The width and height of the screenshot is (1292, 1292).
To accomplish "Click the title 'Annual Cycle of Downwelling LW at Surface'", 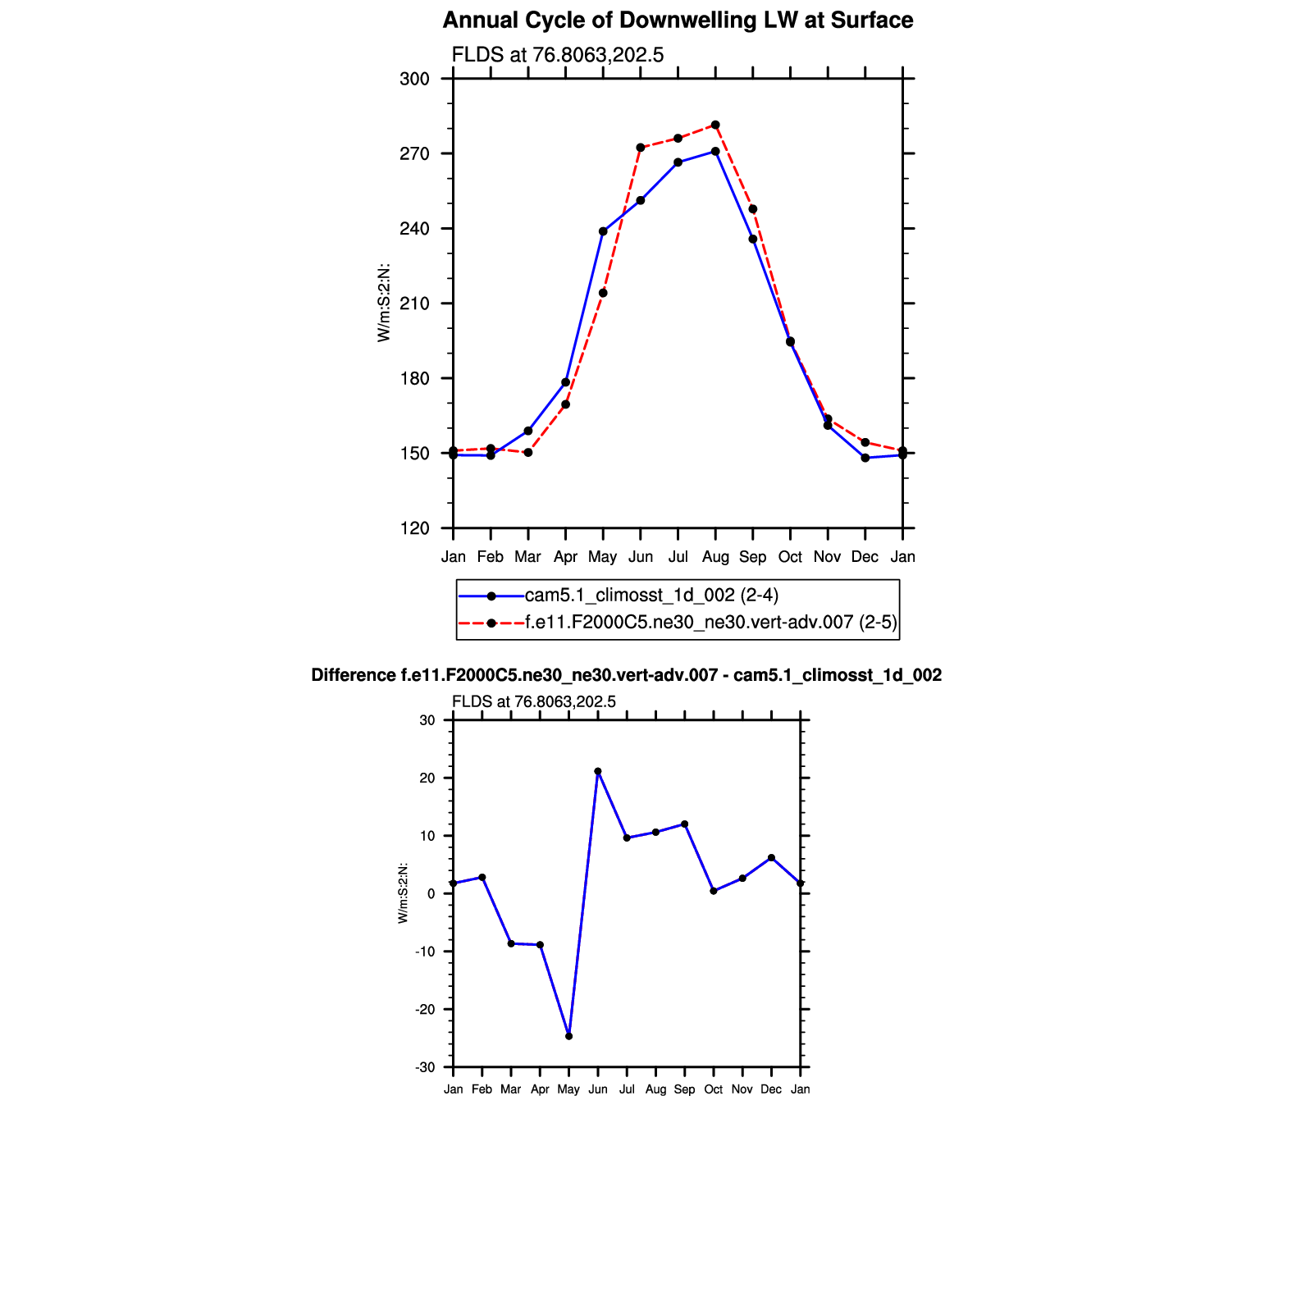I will pos(678,21).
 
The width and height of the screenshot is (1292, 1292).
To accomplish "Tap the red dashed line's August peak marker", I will pos(715,125).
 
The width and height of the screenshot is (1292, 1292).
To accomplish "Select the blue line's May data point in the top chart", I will pos(603,231).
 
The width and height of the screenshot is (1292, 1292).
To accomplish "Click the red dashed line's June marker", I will pos(640,148).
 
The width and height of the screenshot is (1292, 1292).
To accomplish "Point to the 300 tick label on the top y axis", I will pos(414,80).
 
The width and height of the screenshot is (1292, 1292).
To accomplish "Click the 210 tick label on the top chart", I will pos(414,304).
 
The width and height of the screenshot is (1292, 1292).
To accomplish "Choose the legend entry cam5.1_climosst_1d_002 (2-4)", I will pos(651,596).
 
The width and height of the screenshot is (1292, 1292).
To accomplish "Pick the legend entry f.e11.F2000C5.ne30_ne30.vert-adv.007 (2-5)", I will pos(710,623).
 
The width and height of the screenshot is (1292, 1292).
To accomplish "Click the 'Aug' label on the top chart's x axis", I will pos(715,557).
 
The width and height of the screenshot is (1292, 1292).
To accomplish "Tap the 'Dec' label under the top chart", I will pos(865,557).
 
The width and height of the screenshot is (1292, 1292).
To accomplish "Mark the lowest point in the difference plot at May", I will pos(568,1036).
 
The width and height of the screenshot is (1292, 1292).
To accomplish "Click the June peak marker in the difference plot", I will pos(598,771).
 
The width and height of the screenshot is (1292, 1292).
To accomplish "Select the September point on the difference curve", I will pos(684,824).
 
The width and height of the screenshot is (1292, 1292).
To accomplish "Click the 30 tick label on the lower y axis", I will pos(427,721).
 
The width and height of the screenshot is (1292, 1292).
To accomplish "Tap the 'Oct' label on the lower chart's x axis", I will pos(713,1089).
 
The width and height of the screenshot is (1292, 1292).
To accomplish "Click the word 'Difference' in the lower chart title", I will pos(354,675).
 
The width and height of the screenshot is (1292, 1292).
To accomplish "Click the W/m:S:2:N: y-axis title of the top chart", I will pos(384,304).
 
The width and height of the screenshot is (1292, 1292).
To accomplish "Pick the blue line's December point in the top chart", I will pos(865,458).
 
